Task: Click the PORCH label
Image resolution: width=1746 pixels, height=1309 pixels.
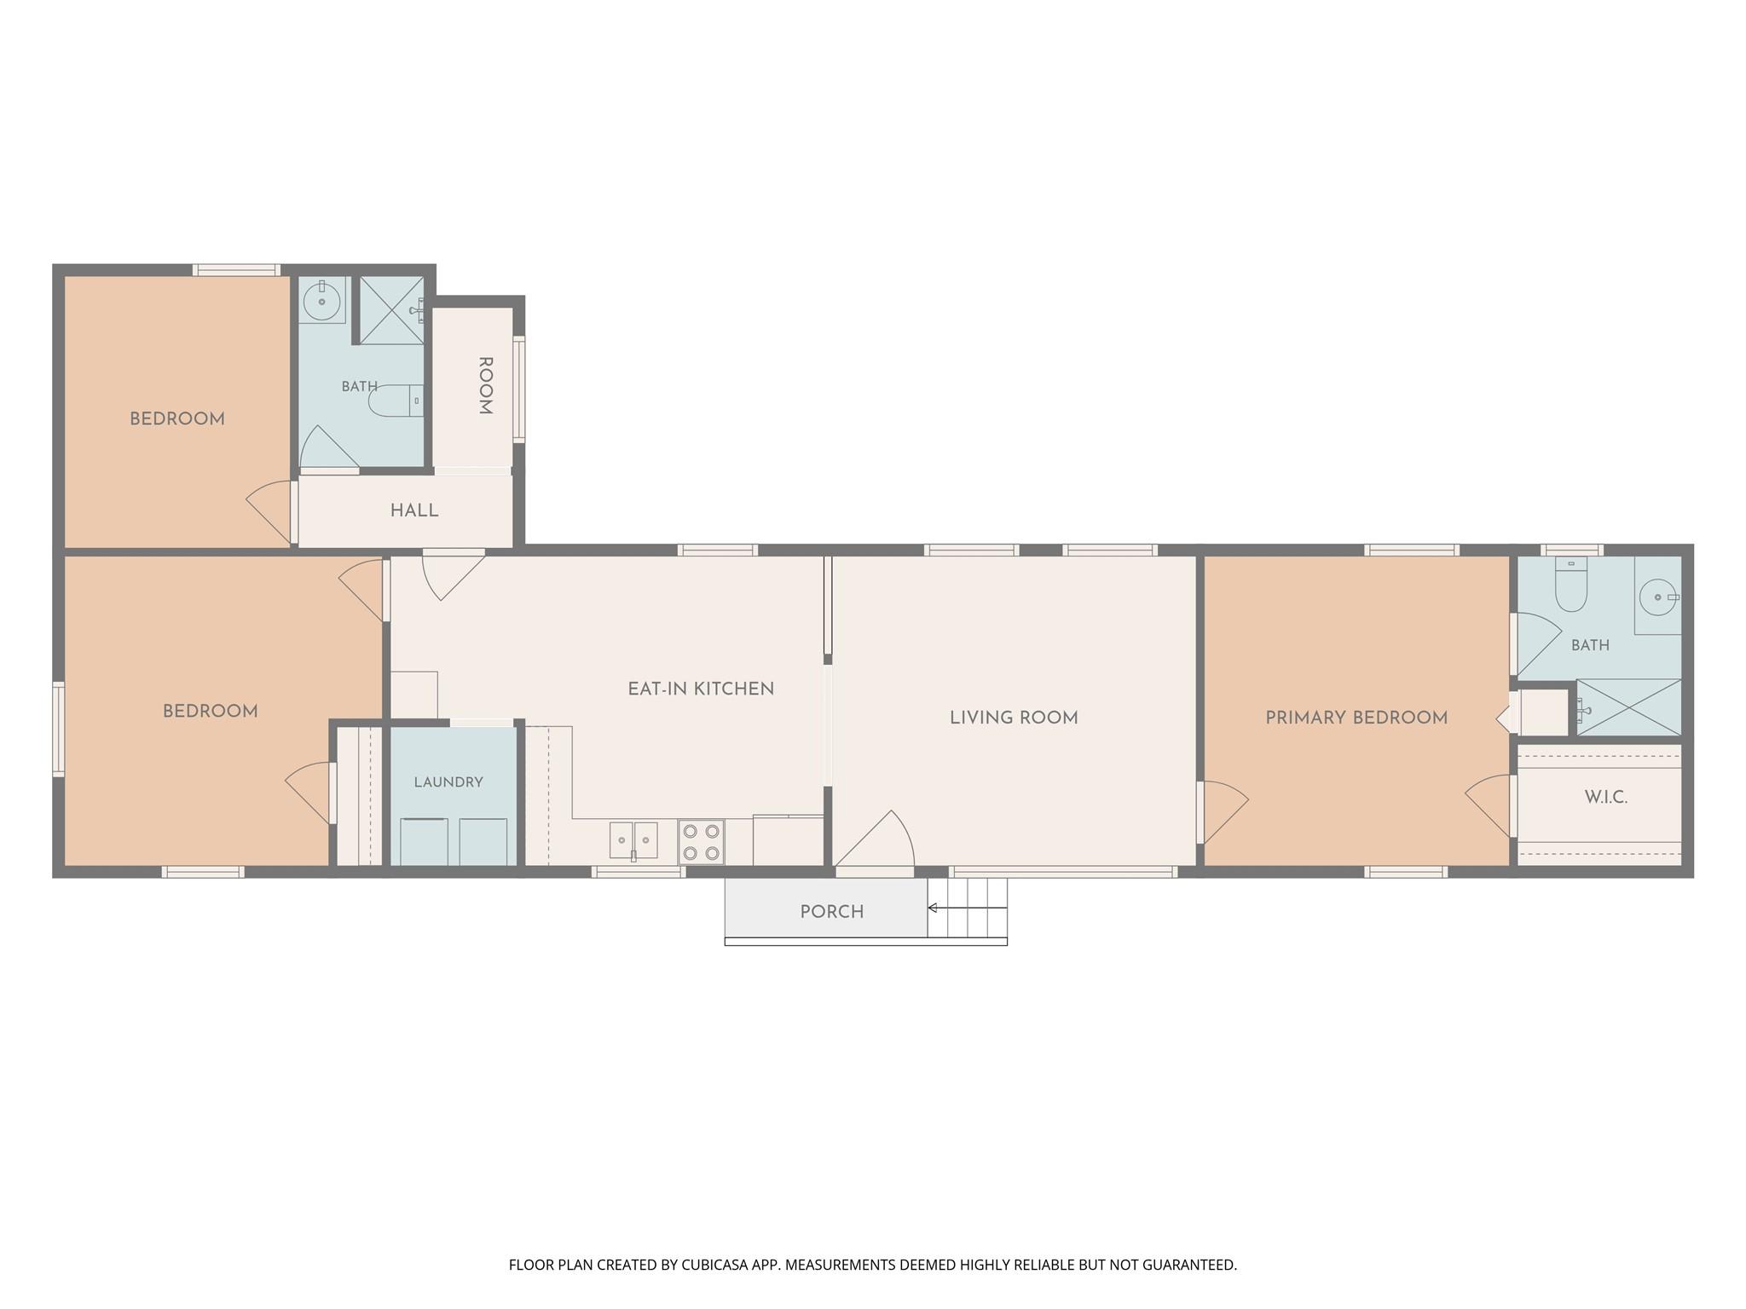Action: tap(831, 912)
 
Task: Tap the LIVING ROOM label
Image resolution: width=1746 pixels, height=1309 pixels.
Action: tap(1014, 718)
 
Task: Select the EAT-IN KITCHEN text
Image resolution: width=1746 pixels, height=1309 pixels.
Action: tap(701, 689)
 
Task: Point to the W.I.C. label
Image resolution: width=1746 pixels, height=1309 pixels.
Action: tap(1606, 798)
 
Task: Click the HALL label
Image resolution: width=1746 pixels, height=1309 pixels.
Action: tap(414, 511)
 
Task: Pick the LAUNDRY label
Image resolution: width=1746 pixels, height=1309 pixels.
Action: tap(448, 782)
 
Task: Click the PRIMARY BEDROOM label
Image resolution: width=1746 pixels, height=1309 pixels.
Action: tap(1356, 718)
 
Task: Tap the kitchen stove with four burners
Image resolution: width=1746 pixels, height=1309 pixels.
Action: tap(701, 841)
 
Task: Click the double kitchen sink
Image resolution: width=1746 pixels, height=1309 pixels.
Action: tap(633, 841)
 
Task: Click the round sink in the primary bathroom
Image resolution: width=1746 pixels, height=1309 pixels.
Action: tap(1658, 597)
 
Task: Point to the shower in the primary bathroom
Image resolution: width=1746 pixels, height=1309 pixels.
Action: tap(1628, 706)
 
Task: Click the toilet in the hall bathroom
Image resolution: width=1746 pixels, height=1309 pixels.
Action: tap(396, 401)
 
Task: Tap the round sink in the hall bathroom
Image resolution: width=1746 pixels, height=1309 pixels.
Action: tap(322, 302)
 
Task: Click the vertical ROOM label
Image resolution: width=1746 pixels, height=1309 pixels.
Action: tap(485, 386)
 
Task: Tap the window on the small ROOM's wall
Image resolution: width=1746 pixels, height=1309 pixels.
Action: tap(518, 389)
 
